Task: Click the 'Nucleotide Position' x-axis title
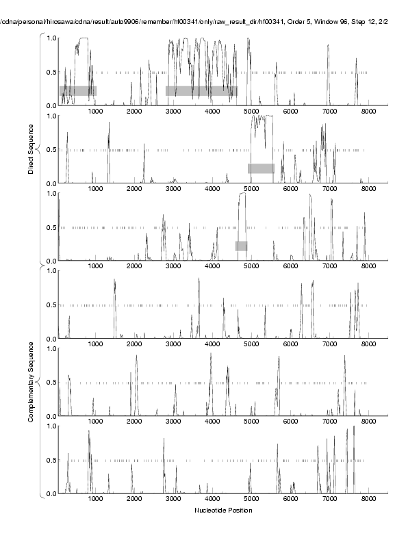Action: coord(223,511)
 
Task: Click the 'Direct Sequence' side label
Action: coord(31,149)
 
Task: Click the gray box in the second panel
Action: coord(261,168)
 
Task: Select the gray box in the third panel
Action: coord(241,246)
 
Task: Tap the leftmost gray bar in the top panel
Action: coord(77,90)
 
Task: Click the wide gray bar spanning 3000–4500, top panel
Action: coord(201,90)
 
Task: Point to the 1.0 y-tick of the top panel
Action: coord(51,38)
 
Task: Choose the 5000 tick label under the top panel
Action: coord(251,112)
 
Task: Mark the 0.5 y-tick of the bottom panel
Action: coord(51,460)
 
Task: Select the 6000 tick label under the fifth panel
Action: coord(290,423)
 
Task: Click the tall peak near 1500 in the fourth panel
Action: coord(114,281)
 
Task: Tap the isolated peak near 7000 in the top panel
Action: coord(328,47)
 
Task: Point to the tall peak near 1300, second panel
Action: coord(108,134)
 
